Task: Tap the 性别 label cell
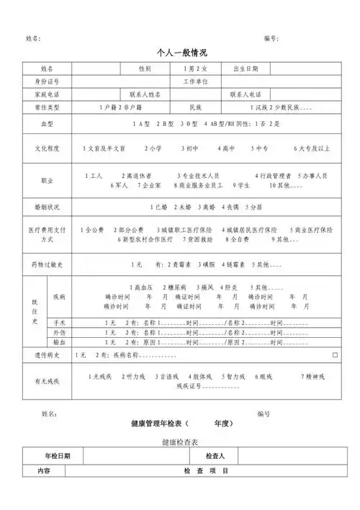tap(145, 68)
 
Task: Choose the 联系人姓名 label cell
tap(145, 94)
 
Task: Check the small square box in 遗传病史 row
tap(335, 356)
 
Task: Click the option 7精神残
tap(313, 376)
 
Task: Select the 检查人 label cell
tap(215, 456)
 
